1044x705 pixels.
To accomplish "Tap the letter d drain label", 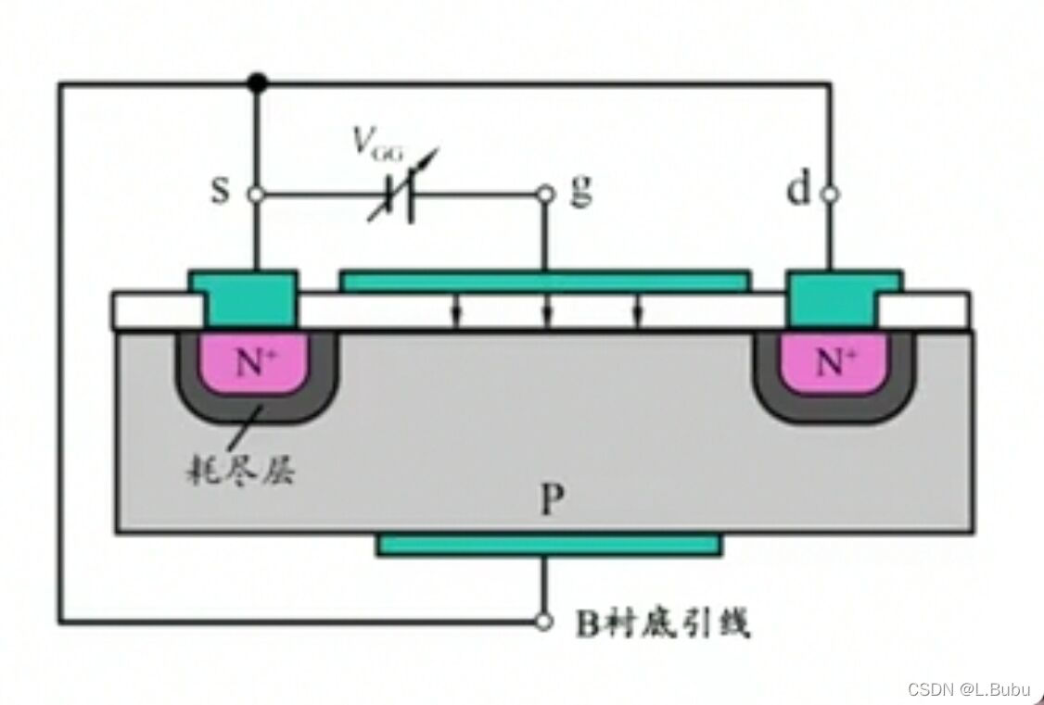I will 797,192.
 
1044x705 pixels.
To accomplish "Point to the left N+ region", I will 256,362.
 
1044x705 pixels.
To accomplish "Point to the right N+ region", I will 834,362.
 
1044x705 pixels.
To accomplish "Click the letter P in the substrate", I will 552,501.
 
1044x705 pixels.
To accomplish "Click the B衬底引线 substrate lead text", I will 664,623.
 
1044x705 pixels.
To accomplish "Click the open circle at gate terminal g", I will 546,195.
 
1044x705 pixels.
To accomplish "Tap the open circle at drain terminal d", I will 830,195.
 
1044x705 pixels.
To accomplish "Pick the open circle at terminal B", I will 546,622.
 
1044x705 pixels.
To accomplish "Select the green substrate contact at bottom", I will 548,545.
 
